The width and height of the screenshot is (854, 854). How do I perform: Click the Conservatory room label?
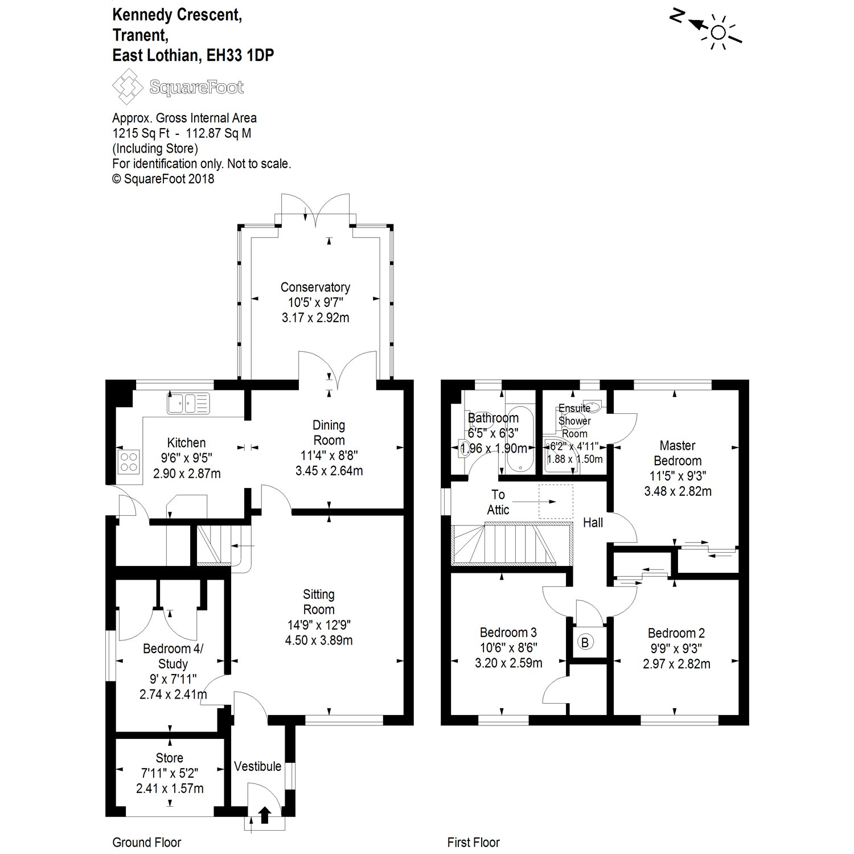(x=315, y=288)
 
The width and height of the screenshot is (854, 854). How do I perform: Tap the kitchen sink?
(x=188, y=403)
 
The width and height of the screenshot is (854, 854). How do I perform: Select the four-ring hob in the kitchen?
(x=129, y=462)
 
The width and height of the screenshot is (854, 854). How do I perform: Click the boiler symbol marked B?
(x=585, y=642)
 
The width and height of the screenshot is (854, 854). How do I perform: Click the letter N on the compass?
(x=676, y=17)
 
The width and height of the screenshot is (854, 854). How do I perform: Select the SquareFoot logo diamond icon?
(x=128, y=87)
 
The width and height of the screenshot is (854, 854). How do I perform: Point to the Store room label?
(x=169, y=758)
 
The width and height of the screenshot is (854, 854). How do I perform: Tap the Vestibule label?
(x=257, y=766)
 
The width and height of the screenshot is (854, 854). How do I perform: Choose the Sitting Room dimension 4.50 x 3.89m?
(x=319, y=640)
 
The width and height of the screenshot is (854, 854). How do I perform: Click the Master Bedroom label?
(x=678, y=453)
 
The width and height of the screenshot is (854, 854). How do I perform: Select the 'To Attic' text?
(x=498, y=502)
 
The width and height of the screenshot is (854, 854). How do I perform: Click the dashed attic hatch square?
(x=556, y=502)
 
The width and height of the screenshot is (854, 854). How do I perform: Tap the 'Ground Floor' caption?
(x=147, y=842)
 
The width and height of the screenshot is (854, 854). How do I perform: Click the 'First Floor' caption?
(x=473, y=842)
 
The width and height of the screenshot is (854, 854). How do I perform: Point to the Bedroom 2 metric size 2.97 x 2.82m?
(x=676, y=664)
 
